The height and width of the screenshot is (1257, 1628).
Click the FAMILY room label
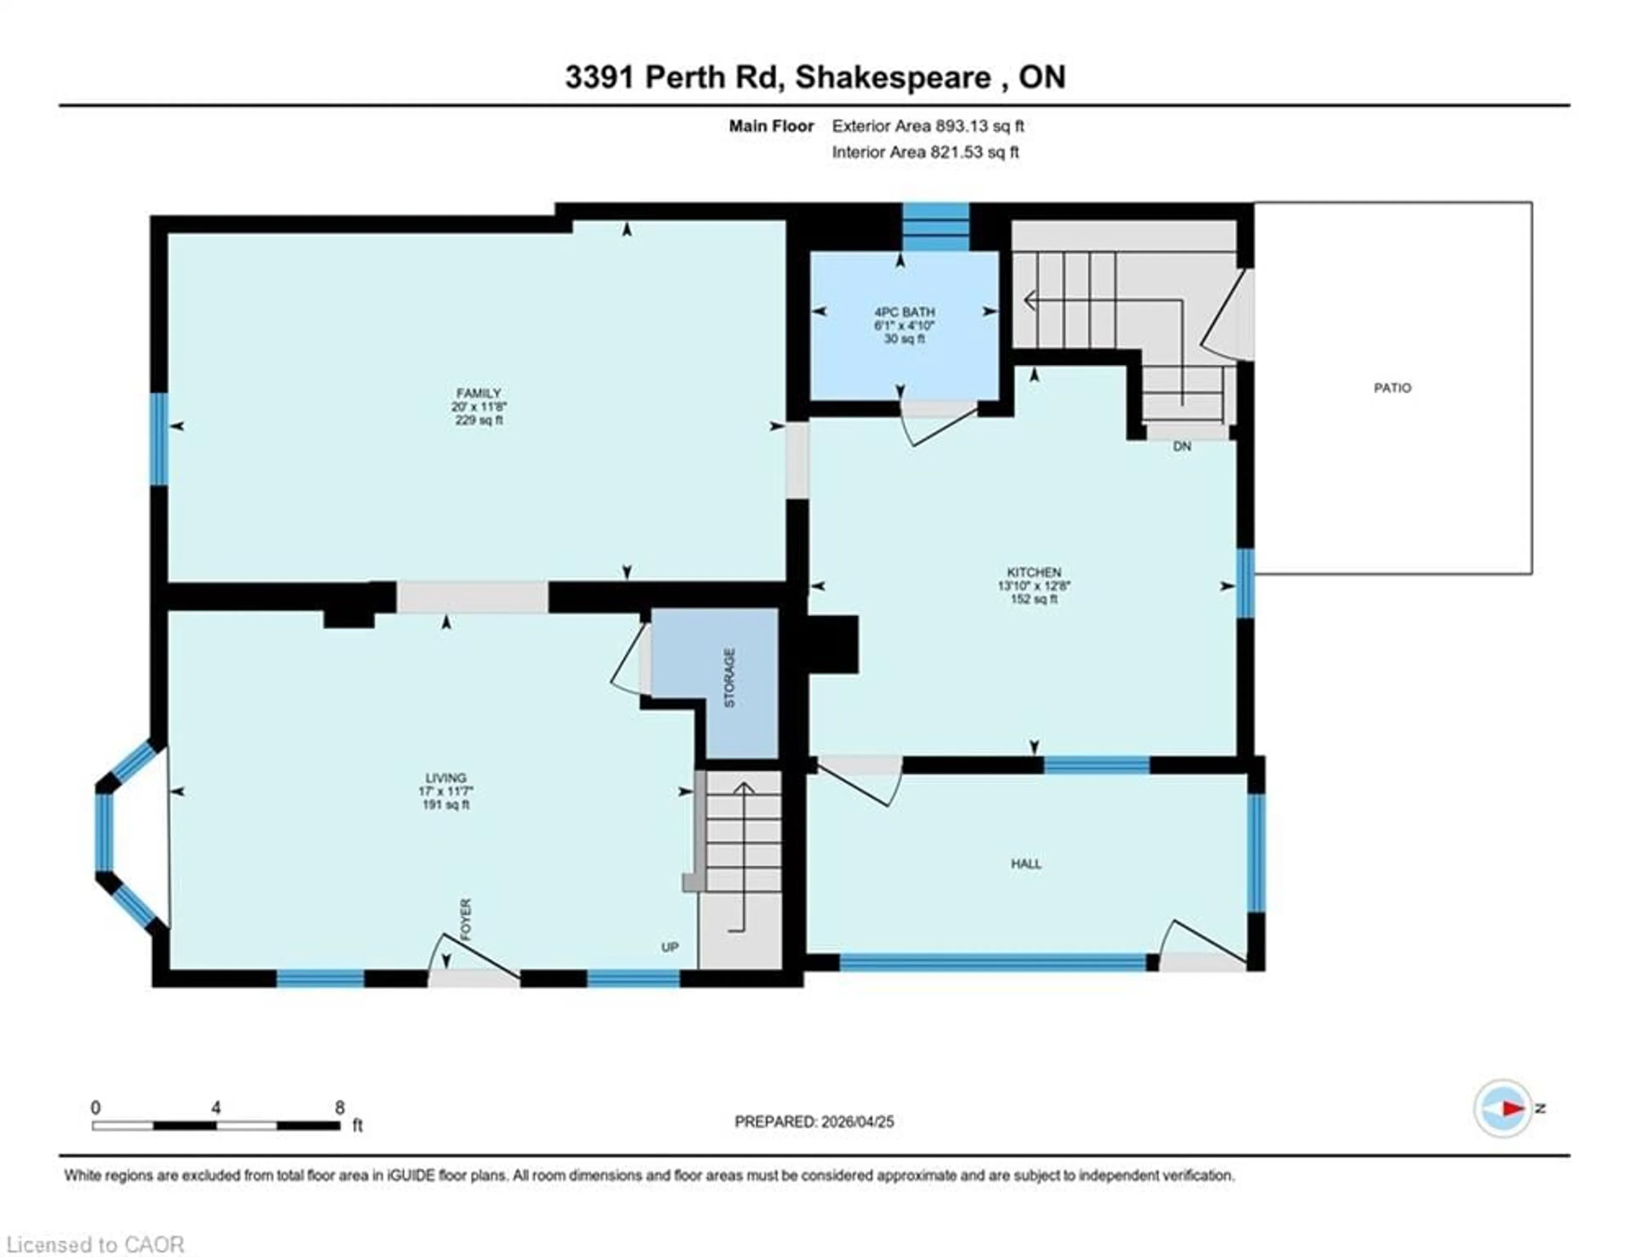(x=479, y=393)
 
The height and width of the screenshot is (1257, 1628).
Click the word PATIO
(x=1392, y=388)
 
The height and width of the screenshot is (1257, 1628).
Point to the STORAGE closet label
(x=730, y=678)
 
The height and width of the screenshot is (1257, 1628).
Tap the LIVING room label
(x=446, y=778)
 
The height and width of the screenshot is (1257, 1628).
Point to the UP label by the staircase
(x=669, y=947)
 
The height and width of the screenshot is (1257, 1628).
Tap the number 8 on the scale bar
(x=340, y=1108)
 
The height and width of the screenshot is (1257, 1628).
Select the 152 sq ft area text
(x=1034, y=599)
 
